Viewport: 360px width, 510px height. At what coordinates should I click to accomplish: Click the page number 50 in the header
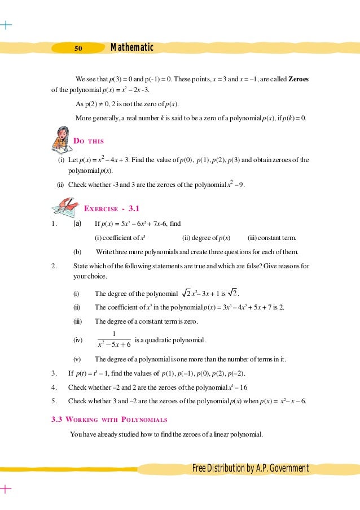79,49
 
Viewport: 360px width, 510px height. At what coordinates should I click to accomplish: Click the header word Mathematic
132,47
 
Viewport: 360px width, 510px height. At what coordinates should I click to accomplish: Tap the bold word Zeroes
298,79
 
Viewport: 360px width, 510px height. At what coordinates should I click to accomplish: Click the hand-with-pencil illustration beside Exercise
65,207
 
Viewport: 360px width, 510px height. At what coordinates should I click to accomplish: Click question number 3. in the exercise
54,373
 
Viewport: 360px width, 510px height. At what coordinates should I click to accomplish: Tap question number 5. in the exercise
54,401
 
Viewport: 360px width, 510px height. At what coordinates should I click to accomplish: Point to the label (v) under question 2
76,359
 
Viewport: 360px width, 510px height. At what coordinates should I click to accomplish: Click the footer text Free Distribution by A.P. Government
250,468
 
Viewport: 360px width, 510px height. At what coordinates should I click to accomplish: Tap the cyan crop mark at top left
5,25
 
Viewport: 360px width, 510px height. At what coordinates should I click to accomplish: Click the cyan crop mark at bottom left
5,489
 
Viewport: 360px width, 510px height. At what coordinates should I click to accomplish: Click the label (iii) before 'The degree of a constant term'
77,321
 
